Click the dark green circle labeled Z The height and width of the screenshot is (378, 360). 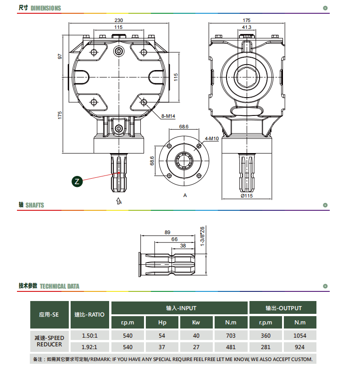point(77,181)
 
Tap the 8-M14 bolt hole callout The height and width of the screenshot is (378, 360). point(168,116)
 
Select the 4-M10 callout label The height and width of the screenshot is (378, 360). point(211,139)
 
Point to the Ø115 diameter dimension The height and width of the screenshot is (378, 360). point(247,196)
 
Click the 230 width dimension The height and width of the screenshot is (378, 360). point(119,20)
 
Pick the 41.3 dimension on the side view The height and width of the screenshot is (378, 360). point(247,27)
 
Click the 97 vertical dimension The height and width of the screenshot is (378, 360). point(60,56)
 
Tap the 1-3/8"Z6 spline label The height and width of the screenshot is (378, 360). point(202,236)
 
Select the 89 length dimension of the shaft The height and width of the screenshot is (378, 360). point(167,232)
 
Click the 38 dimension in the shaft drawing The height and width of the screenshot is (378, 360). point(183,246)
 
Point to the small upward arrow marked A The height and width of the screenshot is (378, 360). point(118,201)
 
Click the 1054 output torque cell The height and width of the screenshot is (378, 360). point(300,335)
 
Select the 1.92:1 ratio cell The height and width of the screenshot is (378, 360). point(89,347)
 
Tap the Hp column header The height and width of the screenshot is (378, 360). point(162,322)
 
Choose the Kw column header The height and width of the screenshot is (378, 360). point(196,322)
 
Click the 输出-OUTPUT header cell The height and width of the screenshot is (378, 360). point(283,307)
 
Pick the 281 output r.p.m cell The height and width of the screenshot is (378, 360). point(266,347)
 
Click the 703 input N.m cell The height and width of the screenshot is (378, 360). point(231,335)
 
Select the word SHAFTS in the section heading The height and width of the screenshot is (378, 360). point(35,205)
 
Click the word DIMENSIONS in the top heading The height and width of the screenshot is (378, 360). point(46,8)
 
